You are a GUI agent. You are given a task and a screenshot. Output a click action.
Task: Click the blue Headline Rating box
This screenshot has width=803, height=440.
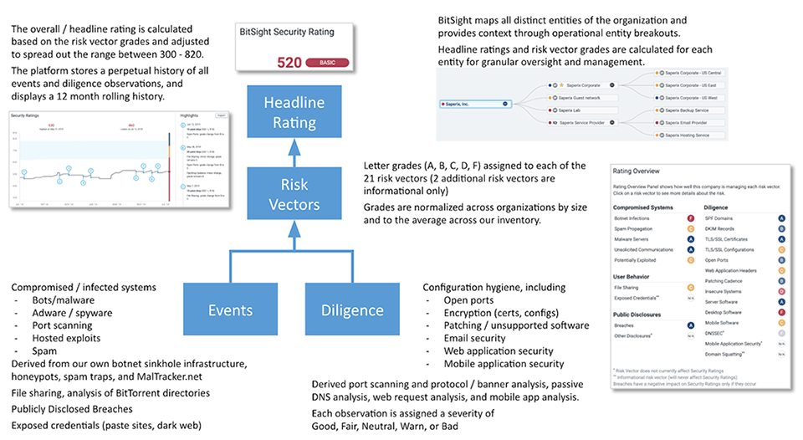coord(289,113)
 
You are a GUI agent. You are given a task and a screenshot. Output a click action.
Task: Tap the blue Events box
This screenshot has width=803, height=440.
coord(230,310)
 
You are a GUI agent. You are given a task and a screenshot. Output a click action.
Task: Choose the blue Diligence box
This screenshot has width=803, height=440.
coord(351,310)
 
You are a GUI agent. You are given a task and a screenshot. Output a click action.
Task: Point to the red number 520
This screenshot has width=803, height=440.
coord(289,63)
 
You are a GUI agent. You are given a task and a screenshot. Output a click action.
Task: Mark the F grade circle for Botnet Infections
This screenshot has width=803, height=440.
coord(689,217)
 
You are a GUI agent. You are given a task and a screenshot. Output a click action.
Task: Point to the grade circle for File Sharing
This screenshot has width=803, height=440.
coord(689,286)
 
